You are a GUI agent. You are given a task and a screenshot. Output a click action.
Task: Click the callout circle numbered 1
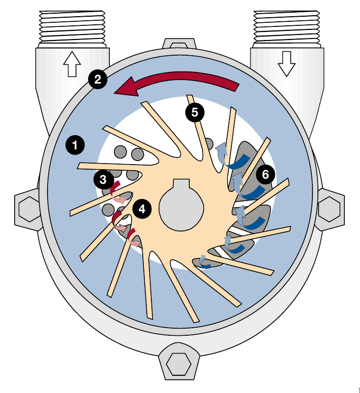pyautogui.click(x=75, y=146)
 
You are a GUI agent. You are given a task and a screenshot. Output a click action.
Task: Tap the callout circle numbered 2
pyautogui.click(x=98, y=78)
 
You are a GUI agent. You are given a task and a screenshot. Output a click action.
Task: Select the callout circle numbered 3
pyautogui.click(x=103, y=179)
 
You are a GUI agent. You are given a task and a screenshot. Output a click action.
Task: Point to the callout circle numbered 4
pyautogui.click(x=142, y=209)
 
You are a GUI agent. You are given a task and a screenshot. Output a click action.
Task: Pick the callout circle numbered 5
pyautogui.click(x=195, y=112)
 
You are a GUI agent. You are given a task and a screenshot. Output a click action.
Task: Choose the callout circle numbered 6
pyautogui.click(x=265, y=175)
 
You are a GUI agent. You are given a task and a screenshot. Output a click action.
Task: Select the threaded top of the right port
pyautogui.click(x=286, y=23)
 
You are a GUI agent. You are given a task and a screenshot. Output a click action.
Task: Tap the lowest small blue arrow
pyautogui.click(x=204, y=262)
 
